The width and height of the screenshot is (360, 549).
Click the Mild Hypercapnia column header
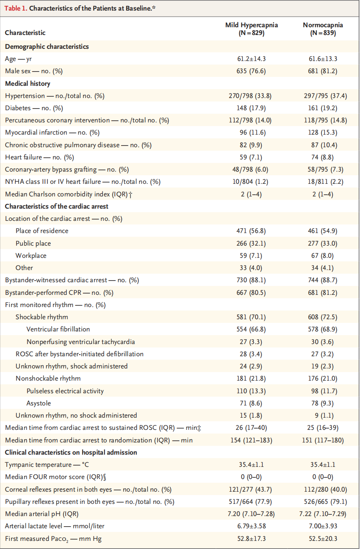[x=252, y=29]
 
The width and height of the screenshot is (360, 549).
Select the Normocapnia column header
[x=323, y=29]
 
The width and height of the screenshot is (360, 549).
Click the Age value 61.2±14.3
[x=252, y=59]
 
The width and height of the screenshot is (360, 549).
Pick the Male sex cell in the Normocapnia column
[x=323, y=71]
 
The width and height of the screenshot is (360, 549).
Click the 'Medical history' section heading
[x=28, y=83]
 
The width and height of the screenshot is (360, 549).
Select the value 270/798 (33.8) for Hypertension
[x=252, y=96]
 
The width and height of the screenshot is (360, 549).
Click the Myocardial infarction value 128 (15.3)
[x=323, y=133]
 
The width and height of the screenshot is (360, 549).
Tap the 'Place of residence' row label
[x=42, y=231]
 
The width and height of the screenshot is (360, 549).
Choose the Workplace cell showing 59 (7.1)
[x=252, y=255]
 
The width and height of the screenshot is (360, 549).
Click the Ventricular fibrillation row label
[x=58, y=329]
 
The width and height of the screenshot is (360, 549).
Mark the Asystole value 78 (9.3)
[x=323, y=403]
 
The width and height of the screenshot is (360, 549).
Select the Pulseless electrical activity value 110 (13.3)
[x=252, y=391]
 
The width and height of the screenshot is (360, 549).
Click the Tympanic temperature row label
[x=47, y=464]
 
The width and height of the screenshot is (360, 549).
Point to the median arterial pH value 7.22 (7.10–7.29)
[x=323, y=514]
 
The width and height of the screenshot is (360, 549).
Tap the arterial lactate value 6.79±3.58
[x=252, y=526]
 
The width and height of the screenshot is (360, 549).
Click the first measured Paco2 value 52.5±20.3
[x=323, y=538]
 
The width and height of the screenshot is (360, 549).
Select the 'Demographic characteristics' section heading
[x=47, y=46]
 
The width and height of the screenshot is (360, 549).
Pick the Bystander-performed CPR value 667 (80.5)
[x=252, y=292]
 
